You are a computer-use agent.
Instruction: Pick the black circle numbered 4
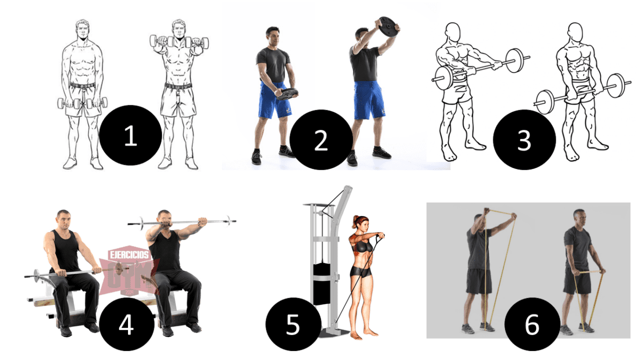[x=126, y=326]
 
